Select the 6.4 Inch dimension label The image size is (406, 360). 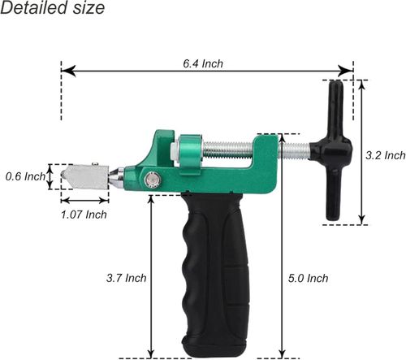pyautogui.click(x=202, y=63)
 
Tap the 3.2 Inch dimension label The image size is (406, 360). pyautogui.click(x=385, y=154)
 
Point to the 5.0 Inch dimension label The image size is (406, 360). pyautogui.click(x=308, y=278)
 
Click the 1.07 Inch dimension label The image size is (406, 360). pyautogui.click(x=84, y=215)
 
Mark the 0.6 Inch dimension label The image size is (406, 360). pyautogui.click(x=24, y=176)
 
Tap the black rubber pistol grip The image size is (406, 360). pyautogui.click(x=216, y=268)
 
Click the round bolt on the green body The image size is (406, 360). pyautogui.click(x=151, y=180)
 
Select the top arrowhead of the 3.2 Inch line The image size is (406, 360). pyautogui.click(x=361, y=85)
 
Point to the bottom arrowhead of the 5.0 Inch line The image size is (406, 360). pyautogui.click(x=281, y=352)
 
